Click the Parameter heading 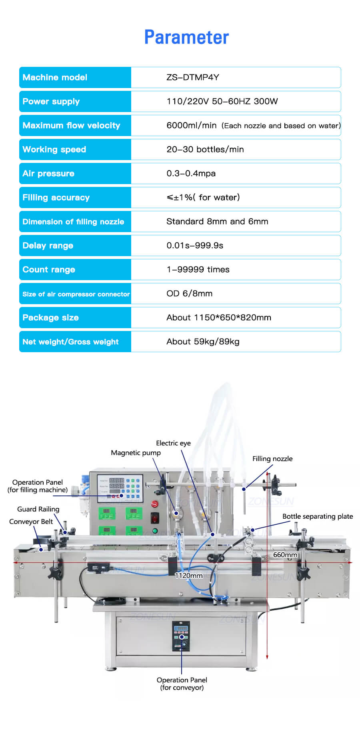pos(186,37)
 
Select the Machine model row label pos(55,77)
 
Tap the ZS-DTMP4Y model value pos(193,77)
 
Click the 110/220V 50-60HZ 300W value pos(222,101)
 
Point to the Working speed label pos(54,149)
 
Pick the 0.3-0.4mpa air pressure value pos(191,173)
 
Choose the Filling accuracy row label pos(56,197)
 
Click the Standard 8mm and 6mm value pos(217,221)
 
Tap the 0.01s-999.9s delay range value pos(195,245)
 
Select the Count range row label pos(49,269)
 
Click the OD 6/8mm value pos(189,293)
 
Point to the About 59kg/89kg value pos(203,341)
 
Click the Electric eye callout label pos(173,443)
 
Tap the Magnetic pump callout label pos(136,453)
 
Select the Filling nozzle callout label pos(272,459)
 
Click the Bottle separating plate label pos(318,516)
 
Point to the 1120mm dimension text pos(189,576)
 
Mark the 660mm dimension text pos(285,555)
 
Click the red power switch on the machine pos(155,518)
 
